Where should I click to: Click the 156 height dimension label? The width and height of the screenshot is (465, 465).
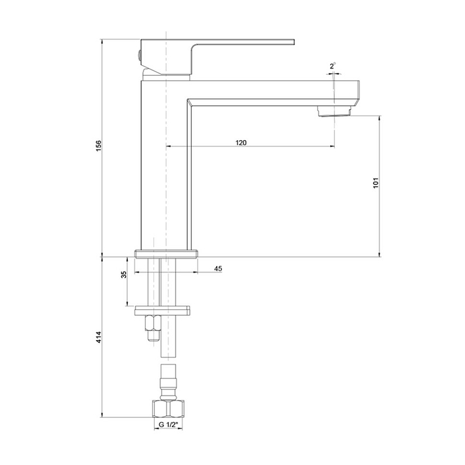(99, 146)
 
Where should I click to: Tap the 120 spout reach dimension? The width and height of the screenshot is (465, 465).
(241, 142)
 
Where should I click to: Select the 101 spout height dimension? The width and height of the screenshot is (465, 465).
(375, 183)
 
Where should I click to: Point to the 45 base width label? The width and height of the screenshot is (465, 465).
(218, 269)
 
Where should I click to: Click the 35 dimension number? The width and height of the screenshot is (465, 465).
(124, 274)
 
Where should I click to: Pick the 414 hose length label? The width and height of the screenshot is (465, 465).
(99, 337)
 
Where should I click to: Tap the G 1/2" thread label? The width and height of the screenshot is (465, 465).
(168, 425)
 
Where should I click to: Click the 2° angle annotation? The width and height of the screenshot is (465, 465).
(332, 66)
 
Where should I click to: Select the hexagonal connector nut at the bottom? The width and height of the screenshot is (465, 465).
(168, 409)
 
